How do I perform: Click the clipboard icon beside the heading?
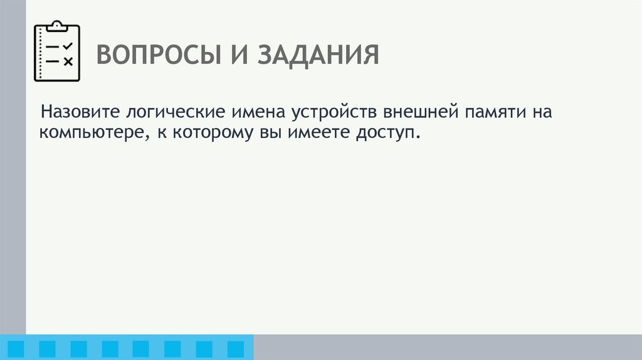pos(57,51)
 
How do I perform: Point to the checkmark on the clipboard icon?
pos(68,46)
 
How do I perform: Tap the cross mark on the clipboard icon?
pos(68,61)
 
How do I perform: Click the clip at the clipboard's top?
pos(57,25)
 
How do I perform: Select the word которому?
pos(210,134)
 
